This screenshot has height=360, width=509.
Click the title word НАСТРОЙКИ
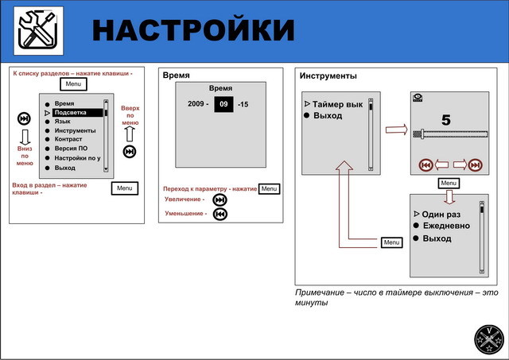(193, 30)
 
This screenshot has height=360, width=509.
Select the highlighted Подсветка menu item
(77, 113)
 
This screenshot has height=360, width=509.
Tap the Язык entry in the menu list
(63, 122)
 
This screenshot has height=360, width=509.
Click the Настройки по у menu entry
(77, 158)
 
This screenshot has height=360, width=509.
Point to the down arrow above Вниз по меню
(24, 136)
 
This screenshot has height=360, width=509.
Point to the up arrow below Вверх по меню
(130, 133)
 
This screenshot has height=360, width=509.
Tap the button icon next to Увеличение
(220, 200)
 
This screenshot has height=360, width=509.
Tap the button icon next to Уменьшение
(220, 214)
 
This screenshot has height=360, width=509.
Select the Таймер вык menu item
(337, 105)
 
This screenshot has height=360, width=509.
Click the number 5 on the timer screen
(445, 121)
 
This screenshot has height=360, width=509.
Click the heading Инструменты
(328, 76)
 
